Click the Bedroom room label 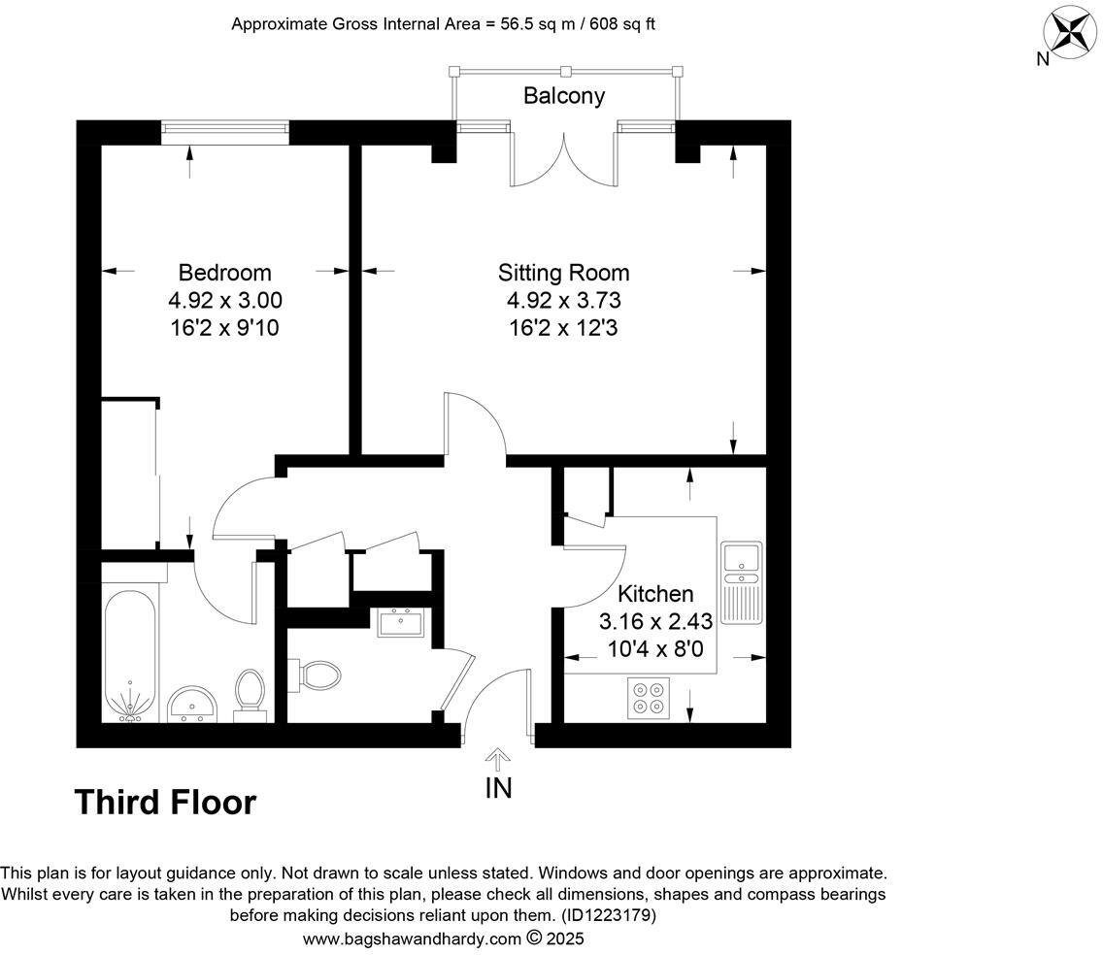[x=224, y=273]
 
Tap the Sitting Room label [x=563, y=273]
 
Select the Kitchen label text [x=656, y=593]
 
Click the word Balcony [x=563, y=95]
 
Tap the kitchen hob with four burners [x=647, y=695]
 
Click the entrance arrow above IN [x=498, y=758]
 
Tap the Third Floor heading [x=165, y=803]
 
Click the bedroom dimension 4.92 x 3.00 [x=224, y=301]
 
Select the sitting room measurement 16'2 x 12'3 [x=563, y=328]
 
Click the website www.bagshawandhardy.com [x=412, y=939]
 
